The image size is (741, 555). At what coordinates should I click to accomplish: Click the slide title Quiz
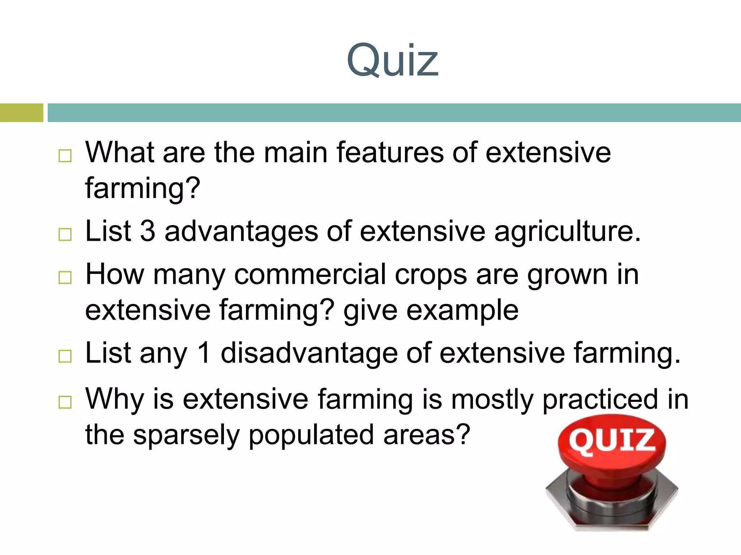tap(392, 61)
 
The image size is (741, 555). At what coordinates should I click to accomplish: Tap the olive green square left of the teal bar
tap(21, 113)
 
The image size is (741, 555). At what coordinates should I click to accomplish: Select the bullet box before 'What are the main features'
tap(65, 156)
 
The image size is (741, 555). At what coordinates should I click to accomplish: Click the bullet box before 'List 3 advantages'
tap(65, 235)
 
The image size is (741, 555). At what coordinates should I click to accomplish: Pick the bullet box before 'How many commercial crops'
tap(65, 277)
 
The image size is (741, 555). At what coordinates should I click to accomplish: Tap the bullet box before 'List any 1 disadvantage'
tap(65, 356)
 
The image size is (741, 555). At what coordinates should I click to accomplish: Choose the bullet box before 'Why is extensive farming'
tap(65, 402)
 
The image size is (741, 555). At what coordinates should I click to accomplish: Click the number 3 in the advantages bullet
tap(148, 231)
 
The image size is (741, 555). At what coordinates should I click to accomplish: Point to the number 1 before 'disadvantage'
tap(204, 353)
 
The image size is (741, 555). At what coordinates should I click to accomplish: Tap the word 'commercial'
tap(310, 275)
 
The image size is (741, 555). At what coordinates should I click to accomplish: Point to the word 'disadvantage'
tap(309, 353)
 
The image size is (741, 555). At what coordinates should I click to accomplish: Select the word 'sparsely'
tap(186, 435)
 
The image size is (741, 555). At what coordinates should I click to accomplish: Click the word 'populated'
tap(311, 435)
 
